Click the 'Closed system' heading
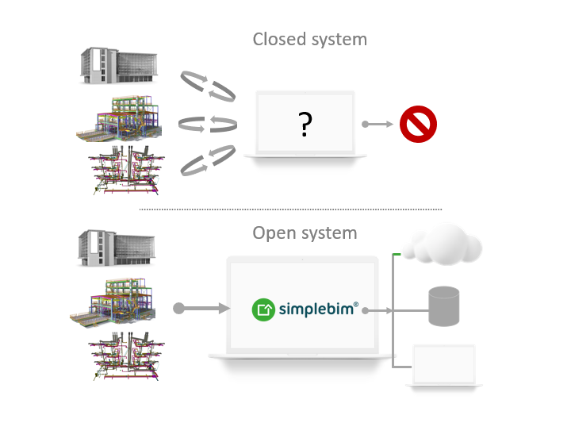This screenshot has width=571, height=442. point(309,39)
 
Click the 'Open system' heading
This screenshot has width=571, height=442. point(305,233)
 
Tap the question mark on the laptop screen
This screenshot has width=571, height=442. point(305,126)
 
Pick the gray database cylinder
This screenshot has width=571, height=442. point(444,307)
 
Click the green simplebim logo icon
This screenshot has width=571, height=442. point(263,309)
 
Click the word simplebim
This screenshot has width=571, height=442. point(318,309)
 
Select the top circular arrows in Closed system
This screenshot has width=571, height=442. point(209,85)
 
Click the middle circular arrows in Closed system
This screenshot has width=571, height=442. point(209,125)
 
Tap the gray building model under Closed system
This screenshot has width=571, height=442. point(119,65)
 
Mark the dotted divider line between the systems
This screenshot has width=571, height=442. point(290,209)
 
